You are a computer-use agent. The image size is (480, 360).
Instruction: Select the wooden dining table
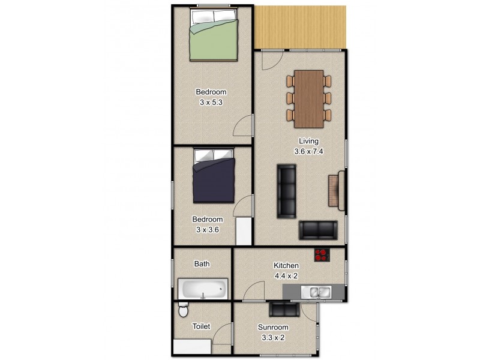309,99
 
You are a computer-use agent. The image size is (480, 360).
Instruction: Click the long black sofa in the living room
287,191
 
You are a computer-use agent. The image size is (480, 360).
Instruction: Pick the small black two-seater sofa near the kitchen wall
318,230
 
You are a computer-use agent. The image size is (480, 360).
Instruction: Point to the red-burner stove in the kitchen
323,255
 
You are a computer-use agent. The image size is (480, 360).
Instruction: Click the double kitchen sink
316,292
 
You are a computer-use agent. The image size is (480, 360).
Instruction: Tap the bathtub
203,290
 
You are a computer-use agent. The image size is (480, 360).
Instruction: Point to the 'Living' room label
309,142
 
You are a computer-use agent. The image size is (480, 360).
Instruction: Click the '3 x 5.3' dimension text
212,102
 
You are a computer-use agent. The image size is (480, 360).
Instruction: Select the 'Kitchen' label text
286,266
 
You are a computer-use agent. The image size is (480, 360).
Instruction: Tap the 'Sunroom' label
273,328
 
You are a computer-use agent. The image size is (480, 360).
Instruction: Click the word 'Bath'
202,263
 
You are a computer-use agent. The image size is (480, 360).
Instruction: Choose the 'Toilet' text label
201,326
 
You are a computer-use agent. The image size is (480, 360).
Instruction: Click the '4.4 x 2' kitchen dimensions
286,275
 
